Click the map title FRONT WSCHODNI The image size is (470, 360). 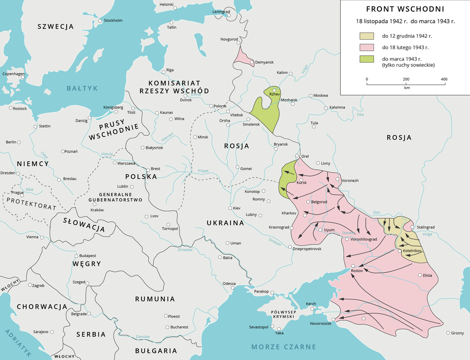tap(405, 9)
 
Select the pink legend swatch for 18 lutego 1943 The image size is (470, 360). tap(367, 47)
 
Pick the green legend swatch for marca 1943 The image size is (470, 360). tap(367, 59)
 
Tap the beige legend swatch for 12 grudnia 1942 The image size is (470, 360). tap(367, 36)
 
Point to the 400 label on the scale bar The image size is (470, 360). tap(444, 79)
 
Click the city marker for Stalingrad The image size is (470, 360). tap(413, 227)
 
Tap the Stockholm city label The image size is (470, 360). tap(113, 21)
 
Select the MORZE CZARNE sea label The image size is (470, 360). tap(283, 347)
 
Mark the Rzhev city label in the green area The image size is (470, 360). tap(274, 94)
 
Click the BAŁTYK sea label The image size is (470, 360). tap(83, 88)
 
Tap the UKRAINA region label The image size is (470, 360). tap(225, 223)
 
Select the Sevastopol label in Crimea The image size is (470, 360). tap(259, 326)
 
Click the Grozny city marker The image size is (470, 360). tap(448, 333)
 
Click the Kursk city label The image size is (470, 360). tap(302, 182)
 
